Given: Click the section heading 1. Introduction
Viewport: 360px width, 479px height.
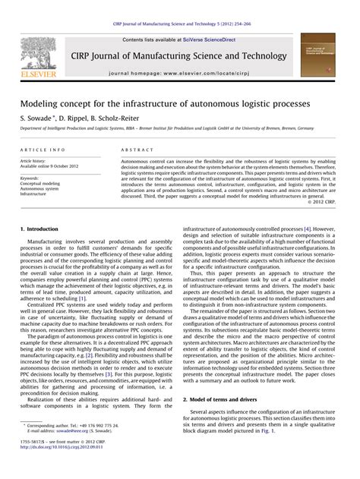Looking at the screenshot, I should (37, 228).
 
